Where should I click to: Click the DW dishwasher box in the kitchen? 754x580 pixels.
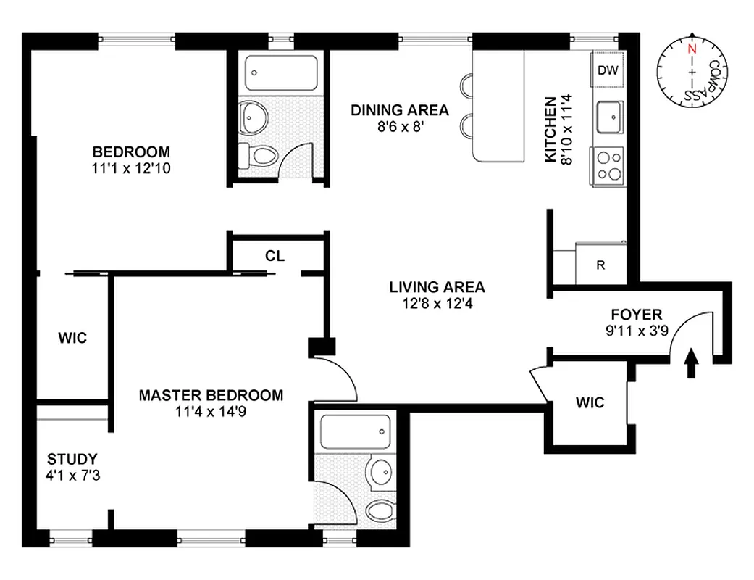tap(607, 70)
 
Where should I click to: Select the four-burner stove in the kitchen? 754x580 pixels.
tap(608, 165)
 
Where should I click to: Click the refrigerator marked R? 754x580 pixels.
tap(600, 265)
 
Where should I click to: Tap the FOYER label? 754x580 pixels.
tap(636, 315)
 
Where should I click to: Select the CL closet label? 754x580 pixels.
tap(275, 256)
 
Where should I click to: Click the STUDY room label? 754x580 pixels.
tap(72, 459)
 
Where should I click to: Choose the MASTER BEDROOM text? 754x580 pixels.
tap(211, 395)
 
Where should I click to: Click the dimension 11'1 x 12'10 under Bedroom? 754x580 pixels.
tap(131, 167)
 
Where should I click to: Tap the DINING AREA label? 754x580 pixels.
tap(399, 110)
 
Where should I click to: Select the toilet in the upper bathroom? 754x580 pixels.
tap(261, 155)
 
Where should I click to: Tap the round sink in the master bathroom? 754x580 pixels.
tap(379, 472)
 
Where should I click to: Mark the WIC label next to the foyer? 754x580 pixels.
tap(590, 402)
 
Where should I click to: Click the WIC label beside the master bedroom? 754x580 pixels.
tap(72, 338)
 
